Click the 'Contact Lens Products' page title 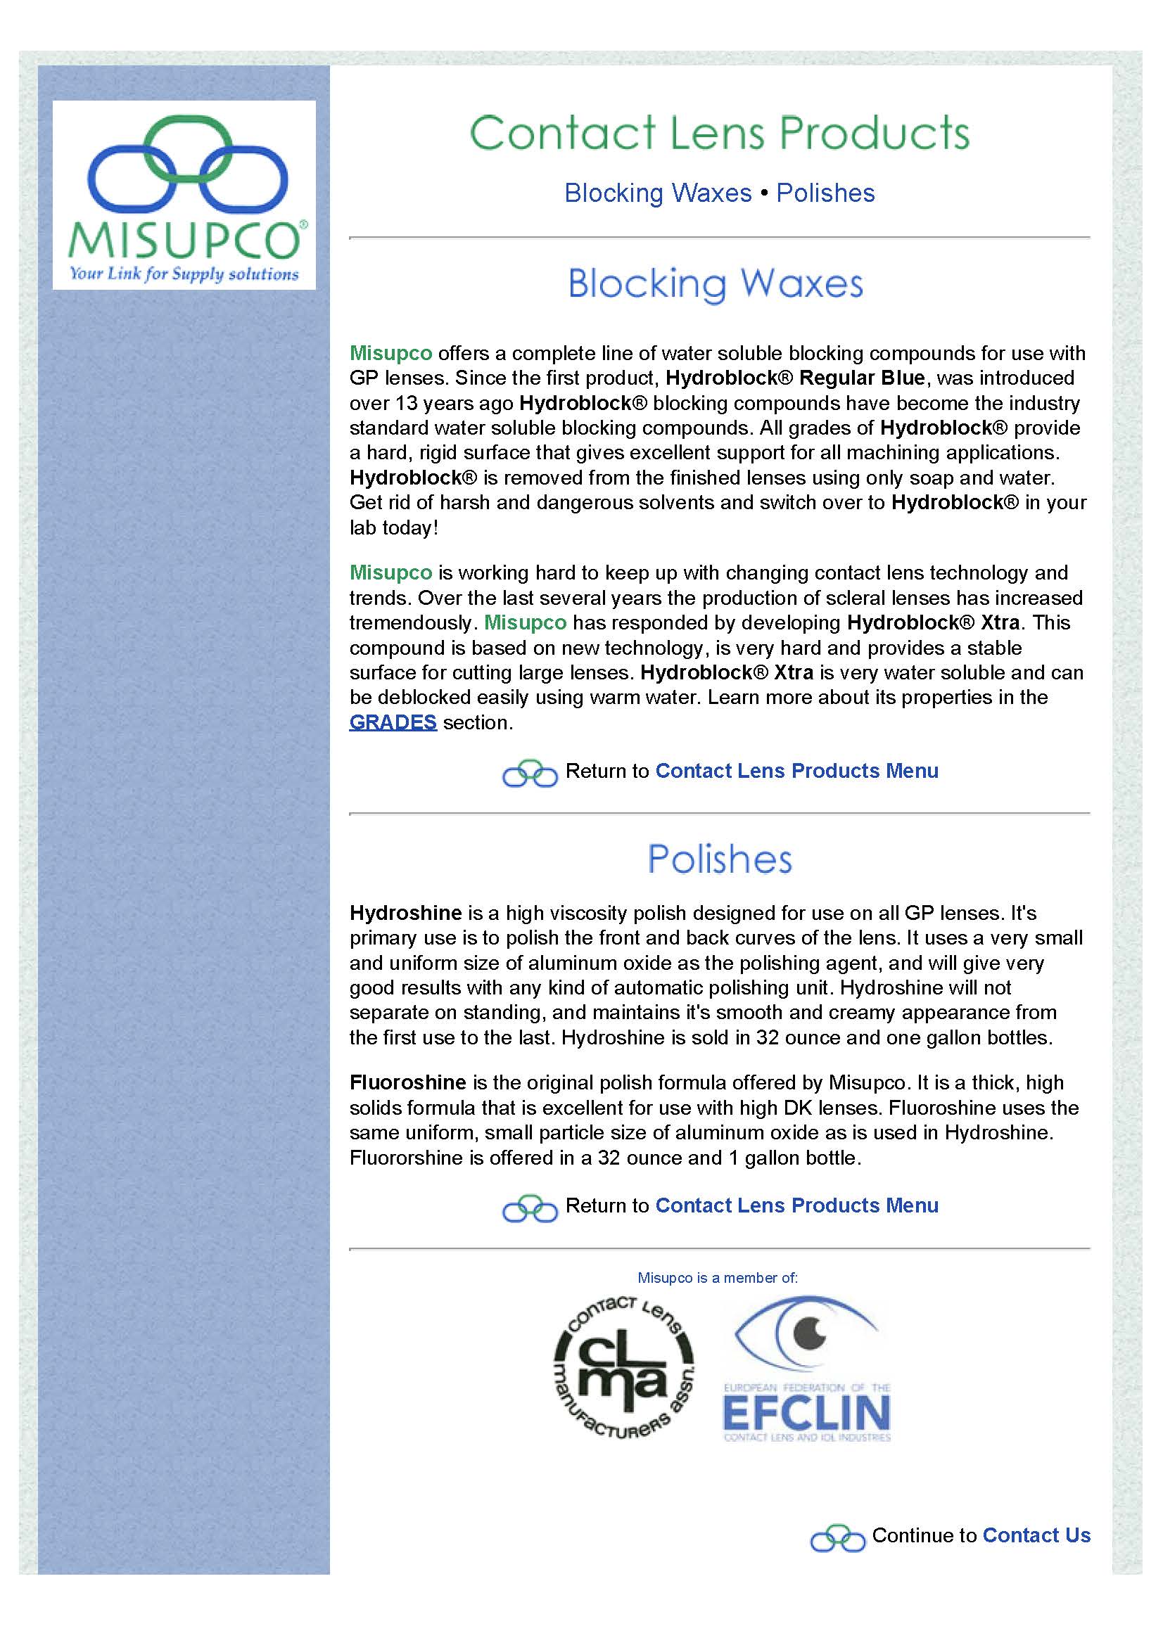tap(720, 133)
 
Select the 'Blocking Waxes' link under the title tap(658, 193)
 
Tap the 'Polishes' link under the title tap(825, 193)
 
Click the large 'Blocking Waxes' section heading tap(715, 284)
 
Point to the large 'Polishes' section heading tap(720, 859)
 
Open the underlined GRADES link tap(393, 722)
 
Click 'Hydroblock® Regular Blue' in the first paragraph tap(796, 378)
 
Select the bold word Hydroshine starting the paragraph tap(405, 914)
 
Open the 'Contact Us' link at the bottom tap(1036, 1535)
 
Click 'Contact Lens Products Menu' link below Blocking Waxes tap(797, 771)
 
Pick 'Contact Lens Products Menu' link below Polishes tap(797, 1206)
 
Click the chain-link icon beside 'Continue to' tap(838, 1537)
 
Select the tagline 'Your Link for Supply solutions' tap(184, 274)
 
